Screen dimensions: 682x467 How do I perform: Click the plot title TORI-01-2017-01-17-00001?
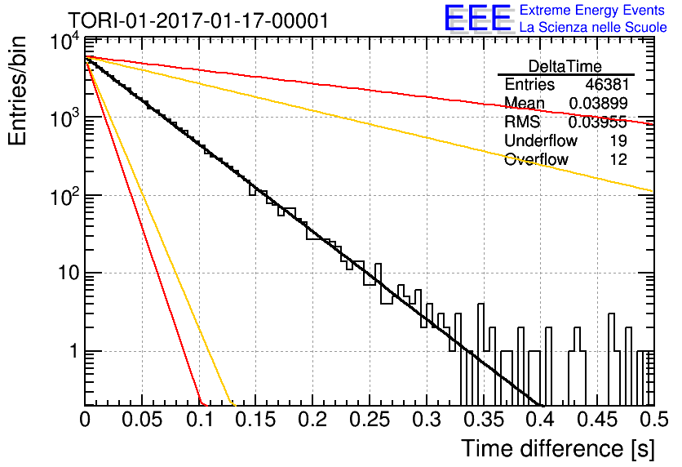[x=198, y=20]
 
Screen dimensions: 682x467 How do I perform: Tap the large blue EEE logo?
[x=478, y=18]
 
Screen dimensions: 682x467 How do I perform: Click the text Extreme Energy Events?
[x=592, y=10]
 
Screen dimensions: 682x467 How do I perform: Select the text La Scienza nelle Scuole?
[x=593, y=27]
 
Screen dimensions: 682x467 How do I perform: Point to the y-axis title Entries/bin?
[x=17, y=91]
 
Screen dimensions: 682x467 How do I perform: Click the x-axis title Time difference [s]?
[x=558, y=449]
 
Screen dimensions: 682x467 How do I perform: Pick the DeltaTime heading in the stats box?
[x=565, y=66]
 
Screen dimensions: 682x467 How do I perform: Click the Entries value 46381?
[x=606, y=84]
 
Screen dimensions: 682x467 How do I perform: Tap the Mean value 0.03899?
[x=599, y=103]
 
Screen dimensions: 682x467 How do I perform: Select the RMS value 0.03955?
[x=598, y=122]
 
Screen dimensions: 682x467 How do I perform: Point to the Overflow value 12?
[x=618, y=159]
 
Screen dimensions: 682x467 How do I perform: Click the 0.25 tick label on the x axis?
[x=370, y=420]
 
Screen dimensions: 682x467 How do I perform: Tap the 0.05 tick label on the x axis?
[x=142, y=420]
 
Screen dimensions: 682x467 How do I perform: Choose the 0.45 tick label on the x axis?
[x=598, y=420]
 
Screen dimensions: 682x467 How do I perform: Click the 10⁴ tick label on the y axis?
[x=64, y=42]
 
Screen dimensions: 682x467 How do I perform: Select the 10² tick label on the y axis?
[x=64, y=198]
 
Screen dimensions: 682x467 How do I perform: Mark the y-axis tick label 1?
[x=75, y=351]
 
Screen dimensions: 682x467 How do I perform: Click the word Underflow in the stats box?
[x=541, y=140]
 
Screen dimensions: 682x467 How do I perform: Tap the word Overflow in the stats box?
[x=536, y=159]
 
